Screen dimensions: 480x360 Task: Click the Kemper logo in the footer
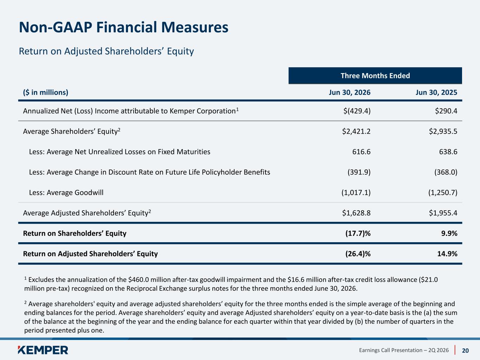(x=43, y=350)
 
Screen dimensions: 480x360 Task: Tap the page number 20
(x=465, y=351)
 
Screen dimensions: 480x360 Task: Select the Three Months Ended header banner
(x=375, y=76)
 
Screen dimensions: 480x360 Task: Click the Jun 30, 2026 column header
(x=350, y=92)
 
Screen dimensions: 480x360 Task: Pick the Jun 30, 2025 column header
(x=436, y=92)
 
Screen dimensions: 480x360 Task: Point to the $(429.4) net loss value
(x=357, y=111)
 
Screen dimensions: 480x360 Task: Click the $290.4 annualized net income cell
(x=446, y=111)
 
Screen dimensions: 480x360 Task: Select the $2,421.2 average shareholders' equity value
(x=356, y=131)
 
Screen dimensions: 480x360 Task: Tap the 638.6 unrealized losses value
(x=448, y=152)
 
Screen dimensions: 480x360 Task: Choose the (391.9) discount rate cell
(x=359, y=172)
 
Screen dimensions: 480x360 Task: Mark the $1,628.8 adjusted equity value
(x=356, y=213)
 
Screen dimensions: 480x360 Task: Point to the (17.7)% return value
(x=358, y=233)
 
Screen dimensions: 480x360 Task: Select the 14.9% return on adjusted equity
(x=447, y=254)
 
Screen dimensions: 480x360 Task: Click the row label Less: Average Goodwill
(x=66, y=193)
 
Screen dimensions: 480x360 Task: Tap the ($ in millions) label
(x=45, y=92)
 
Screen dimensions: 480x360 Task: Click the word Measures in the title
(x=194, y=27)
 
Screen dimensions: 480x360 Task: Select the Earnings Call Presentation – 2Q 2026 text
(x=404, y=351)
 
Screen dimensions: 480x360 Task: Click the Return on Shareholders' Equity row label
(x=75, y=233)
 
